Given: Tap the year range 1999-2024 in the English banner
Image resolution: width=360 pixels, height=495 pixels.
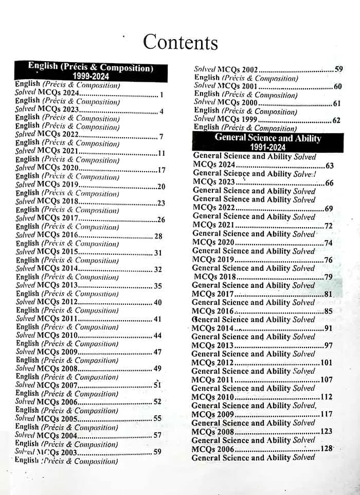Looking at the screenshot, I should point(91,76).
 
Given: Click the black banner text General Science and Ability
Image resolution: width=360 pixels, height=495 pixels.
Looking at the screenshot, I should point(267,138).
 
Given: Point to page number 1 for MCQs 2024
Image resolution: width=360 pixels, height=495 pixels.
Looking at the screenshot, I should point(161,95).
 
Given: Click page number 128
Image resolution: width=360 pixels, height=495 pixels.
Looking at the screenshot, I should point(327,449).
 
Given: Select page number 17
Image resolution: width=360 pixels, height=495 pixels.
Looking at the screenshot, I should point(161,170).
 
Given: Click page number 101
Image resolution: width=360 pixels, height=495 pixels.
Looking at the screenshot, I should point(326,362).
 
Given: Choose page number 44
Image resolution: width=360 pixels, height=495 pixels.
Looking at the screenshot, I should point(157,336).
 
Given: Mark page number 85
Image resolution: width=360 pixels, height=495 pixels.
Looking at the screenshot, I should point(328,311).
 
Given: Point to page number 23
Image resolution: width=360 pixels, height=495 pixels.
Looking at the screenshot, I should point(161,203).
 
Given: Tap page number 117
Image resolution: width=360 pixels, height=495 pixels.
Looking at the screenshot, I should point(326,414).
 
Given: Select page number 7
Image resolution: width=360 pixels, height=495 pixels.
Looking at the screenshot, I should point(161,137).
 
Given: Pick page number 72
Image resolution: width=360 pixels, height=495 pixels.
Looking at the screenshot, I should point(328,226).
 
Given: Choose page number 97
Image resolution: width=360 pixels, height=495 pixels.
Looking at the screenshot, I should point(328,345).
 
